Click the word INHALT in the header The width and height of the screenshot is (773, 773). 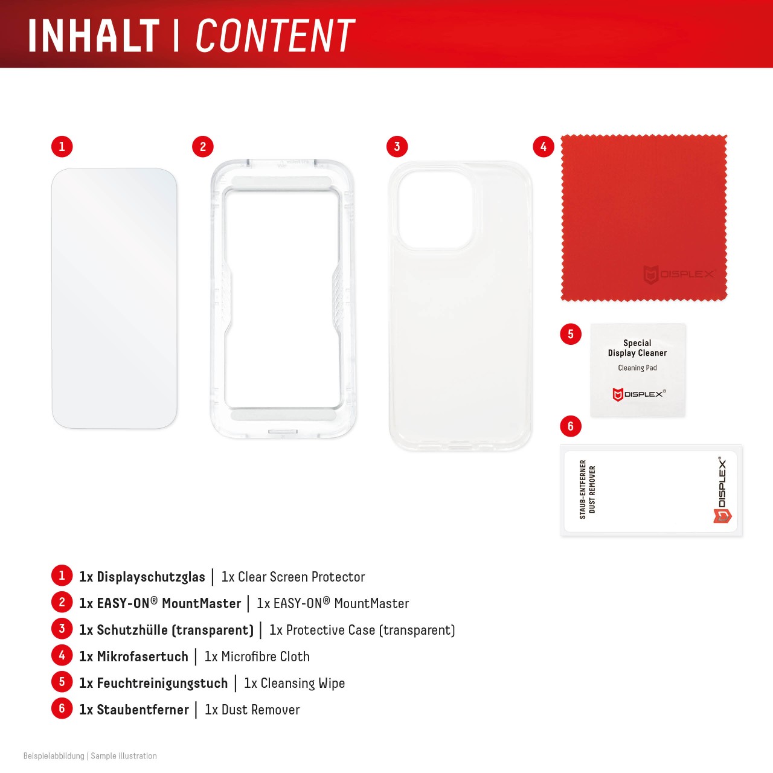[x=94, y=36]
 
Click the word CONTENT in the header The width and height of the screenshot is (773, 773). [x=275, y=36]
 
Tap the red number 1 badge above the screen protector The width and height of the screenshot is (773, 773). [x=62, y=147]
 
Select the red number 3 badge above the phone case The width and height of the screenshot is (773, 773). [x=397, y=147]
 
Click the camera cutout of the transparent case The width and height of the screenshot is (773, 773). [x=435, y=210]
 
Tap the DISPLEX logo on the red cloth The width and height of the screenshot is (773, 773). [x=678, y=275]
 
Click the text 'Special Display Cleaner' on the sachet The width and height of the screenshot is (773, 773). [x=637, y=348]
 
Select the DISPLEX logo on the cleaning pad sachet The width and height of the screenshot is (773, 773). [x=638, y=394]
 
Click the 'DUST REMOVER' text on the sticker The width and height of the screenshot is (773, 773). [x=592, y=489]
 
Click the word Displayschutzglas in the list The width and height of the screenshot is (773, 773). [x=151, y=577]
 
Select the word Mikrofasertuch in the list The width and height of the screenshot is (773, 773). [x=143, y=657]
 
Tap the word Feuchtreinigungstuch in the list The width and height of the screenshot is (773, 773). [x=162, y=684]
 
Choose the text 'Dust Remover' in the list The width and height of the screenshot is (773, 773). [x=260, y=710]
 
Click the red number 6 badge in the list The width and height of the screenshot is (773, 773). [x=62, y=708]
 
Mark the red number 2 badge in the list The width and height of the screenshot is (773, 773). [x=62, y=602]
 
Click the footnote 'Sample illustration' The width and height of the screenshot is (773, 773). [x=124, y=756]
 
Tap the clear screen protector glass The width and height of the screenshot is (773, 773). [x=114, y=298]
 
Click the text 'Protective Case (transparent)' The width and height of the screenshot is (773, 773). [x=370, y=630]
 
